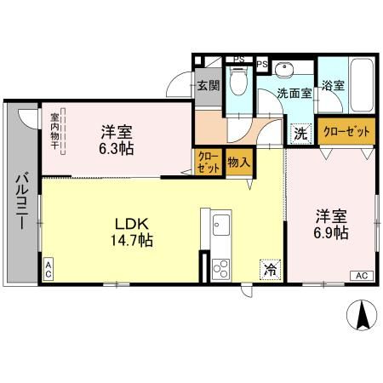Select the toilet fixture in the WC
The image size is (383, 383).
(x=240, y=83)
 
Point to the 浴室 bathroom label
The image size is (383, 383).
(x=333, y=86)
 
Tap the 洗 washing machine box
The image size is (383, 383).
(x=300, y=133)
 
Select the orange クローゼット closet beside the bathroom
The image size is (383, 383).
(x=346, y=132)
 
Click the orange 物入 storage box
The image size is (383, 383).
(x=238, y=162)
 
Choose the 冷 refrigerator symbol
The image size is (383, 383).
(x=268, y=271)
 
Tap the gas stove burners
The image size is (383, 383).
(x=220, y=268)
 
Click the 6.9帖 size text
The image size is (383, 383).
(x=330, y=232)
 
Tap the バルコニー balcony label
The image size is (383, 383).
(x=20, y=205)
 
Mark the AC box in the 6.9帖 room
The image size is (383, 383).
(x=361, y=274)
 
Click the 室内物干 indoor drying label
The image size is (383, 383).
(x=54, y=131)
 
